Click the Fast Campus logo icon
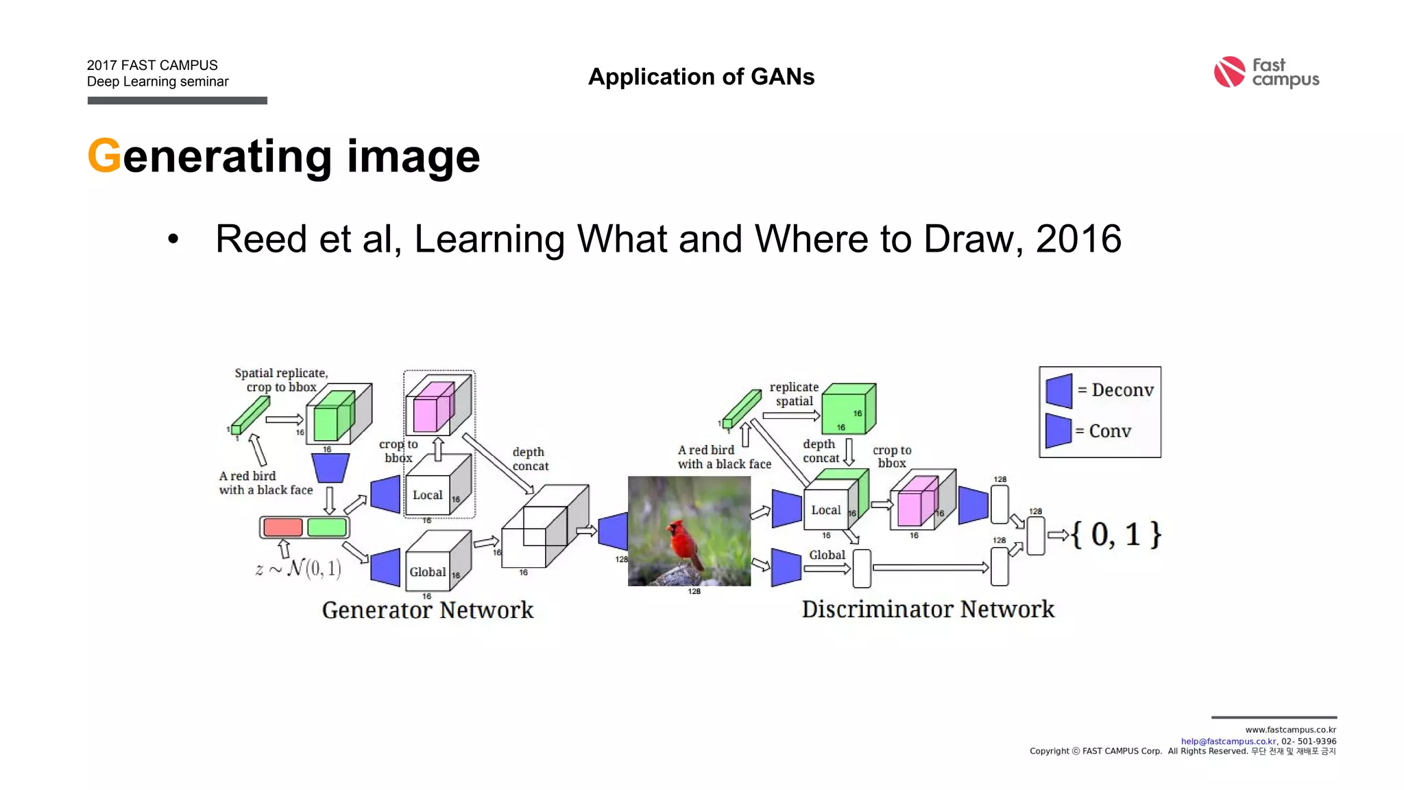click(x=1229, y=72)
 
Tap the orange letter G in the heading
click(x=104, y=156)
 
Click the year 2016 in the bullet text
click(x=1078, y=239)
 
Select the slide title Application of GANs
click(x=701, y=77)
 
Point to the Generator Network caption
click(x=427, y=610)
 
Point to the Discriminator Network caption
click(x=928, y=609)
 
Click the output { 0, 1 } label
click(x=1115, y=535)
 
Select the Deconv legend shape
click(x=1059, y=390)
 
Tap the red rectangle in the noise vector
click(x=282, y=527)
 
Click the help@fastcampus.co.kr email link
click(x=1228, y=741)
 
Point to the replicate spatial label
click(x=794, y=394)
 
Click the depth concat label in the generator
click(x=529, y=459)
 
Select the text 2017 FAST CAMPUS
click(x=152, y=65)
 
